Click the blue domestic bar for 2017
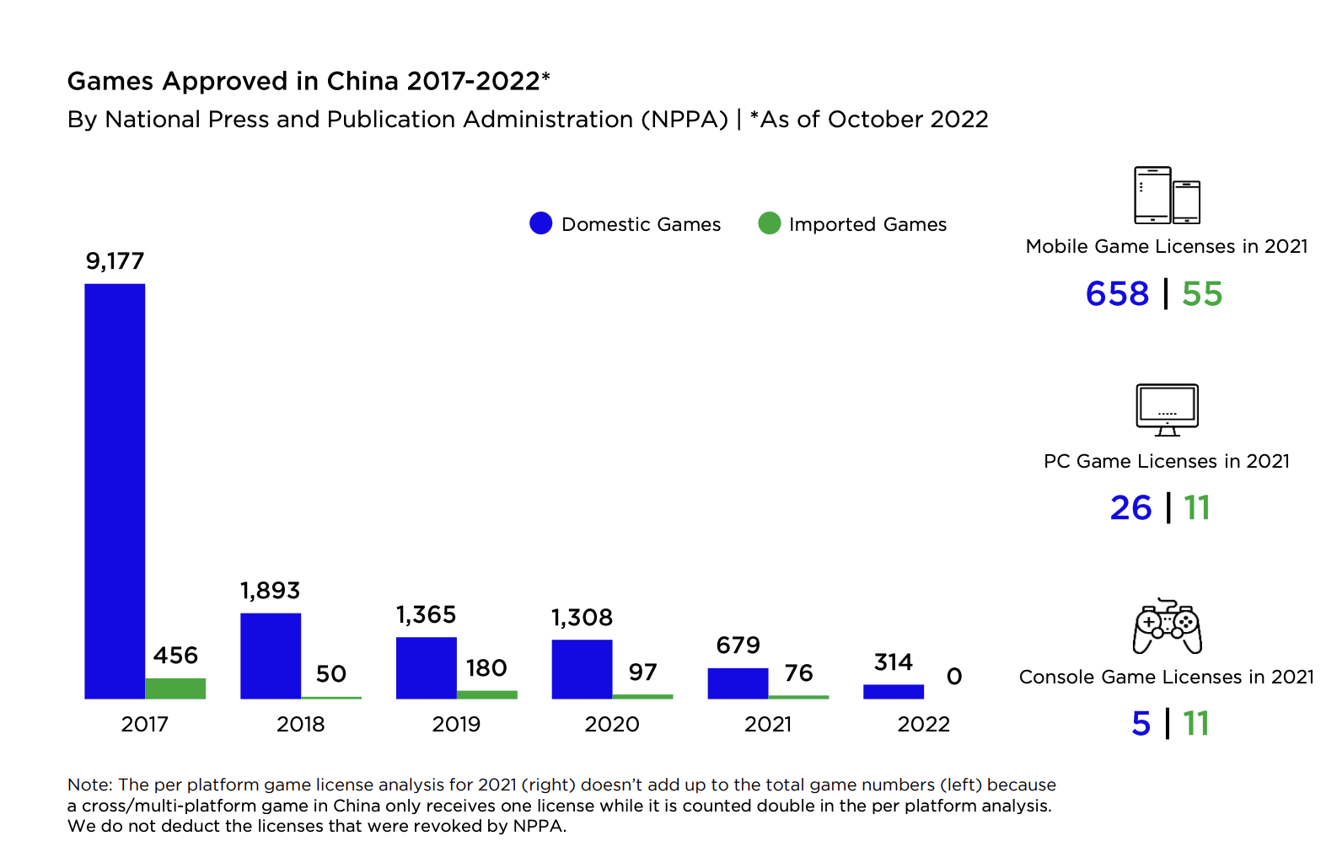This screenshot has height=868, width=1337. coord(115,491)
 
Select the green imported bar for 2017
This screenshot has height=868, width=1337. coord(175,688)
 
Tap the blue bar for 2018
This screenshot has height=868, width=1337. coord(271,656)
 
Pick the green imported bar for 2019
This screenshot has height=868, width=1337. coord(487,694)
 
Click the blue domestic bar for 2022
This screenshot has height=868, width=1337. coord(894,692)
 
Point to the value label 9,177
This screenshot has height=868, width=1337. coord(115,261)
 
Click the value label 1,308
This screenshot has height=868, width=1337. coord(582,618)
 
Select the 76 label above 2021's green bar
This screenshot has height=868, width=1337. coord(798,672)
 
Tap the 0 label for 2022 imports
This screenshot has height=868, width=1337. coord(953,677)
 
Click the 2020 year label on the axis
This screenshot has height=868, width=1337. coord(612,724)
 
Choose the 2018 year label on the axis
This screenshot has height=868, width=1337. coord(300,724)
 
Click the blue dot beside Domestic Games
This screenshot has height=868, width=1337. coord(540,223)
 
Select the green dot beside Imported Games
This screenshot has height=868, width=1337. coord(769,223)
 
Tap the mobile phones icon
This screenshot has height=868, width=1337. coord(1167,196)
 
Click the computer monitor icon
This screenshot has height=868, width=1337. coord(1167,410)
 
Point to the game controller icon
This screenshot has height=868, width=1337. coord(1167,627)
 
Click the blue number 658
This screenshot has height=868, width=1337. coord(1117,294)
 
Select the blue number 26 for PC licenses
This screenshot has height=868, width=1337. coord(1130,508)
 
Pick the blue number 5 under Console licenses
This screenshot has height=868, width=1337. coord(1141,724)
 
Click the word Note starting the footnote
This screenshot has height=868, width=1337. coord(89,785)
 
